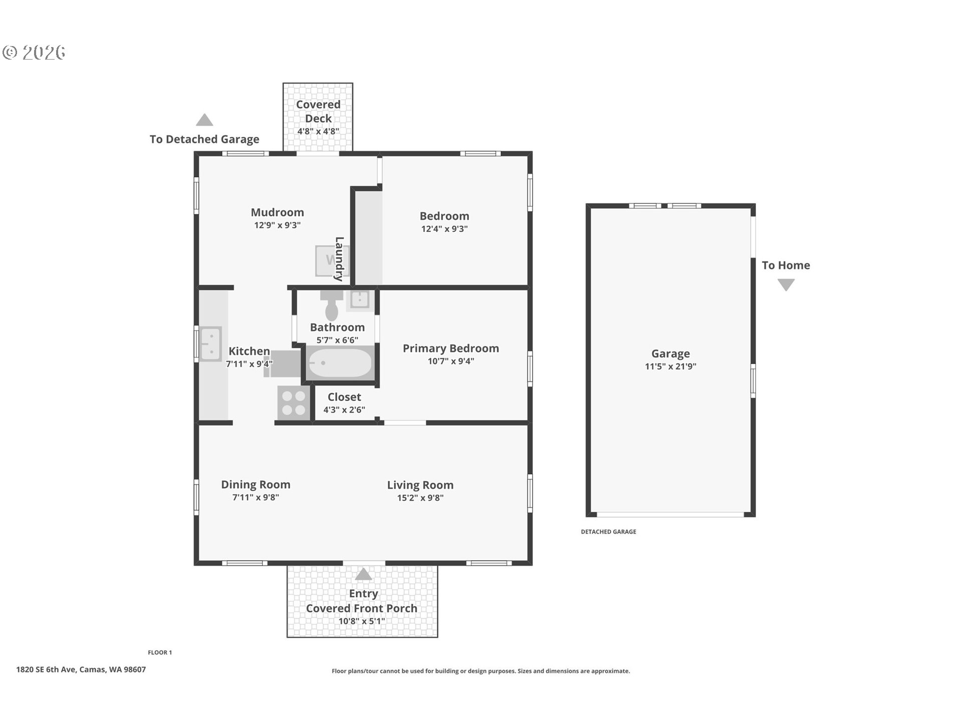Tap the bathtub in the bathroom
click(340, 363)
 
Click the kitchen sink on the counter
click(210, 343)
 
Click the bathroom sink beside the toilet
click(360, 299)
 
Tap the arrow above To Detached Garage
click(204, 120)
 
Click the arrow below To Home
click(786, 285)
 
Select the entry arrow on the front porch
click(363, 574)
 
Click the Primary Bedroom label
click(450, 348)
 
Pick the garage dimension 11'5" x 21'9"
click(670, 367)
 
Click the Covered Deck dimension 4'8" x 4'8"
click(318, 132)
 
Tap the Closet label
click(344, 397)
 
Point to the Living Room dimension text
click(420, 498)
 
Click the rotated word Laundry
click(339, 259)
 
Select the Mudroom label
click(277, 212)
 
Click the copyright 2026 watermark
click(34, 53)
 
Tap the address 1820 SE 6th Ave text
click(81, 669)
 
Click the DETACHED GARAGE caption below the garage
click(608, 532)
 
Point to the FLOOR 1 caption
click(160, 652)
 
